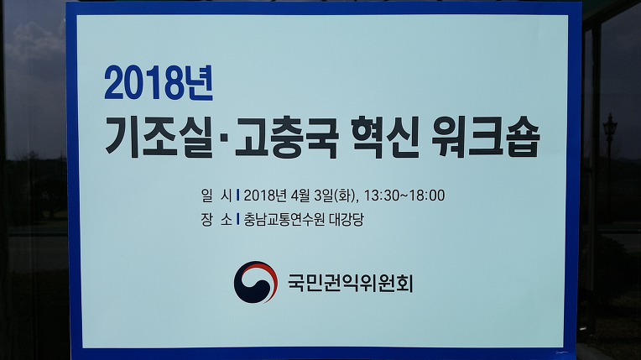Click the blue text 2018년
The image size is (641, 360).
click(x=159, y=83)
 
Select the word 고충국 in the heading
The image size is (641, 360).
click(x=287, y=138)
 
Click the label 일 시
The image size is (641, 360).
click(x=216, y=196)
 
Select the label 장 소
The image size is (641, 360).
click(x=216, y=220)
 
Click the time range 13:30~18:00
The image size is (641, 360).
click(x=404, y=196)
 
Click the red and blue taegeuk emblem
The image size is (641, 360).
click(x=256, y=282)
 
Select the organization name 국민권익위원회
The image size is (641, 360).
click(x=351, y=283)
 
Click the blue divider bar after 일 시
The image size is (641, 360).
click(x=238, y=196)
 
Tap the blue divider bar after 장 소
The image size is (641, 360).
click(x=238, y=219)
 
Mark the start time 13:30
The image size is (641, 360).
click(x=381, y=196)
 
